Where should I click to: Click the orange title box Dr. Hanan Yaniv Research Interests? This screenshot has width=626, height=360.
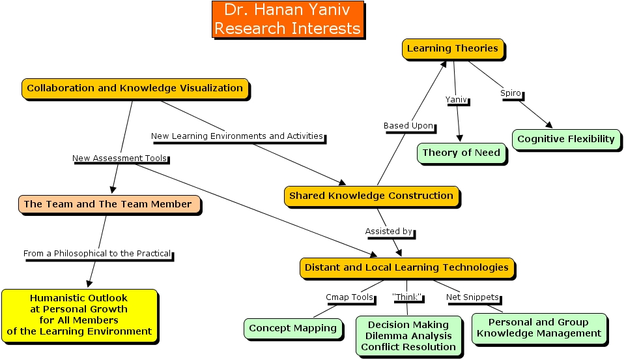pos(287,20)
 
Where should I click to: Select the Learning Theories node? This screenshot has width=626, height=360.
pos(452,48)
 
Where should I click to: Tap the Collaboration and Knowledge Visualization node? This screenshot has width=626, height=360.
pos(135,88)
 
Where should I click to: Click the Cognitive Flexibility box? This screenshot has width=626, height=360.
pos(565,139)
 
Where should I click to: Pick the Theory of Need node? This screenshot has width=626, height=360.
pos(461,153)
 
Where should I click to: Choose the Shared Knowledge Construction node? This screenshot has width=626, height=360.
pos(371,196)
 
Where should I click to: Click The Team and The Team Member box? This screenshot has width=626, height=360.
pos(108,204)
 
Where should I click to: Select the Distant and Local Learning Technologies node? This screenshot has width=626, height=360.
pos(406,267)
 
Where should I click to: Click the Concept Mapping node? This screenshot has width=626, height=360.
pos(293,328)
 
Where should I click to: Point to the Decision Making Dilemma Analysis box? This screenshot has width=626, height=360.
pos(408,335)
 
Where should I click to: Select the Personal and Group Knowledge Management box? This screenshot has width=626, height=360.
pos(539,328)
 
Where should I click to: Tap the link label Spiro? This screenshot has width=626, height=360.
pos(511,93)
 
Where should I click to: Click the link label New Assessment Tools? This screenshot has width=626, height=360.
pos(120,158)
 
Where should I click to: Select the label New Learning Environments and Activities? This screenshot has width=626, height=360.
pos(237,136)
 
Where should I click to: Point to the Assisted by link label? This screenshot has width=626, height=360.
pos(390,232)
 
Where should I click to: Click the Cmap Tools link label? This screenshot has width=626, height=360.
pos(350,298)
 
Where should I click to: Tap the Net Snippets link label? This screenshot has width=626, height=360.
pos(472,298)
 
